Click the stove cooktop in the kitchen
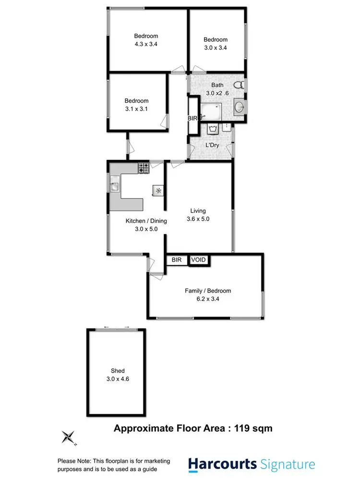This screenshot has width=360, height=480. click(144, 168)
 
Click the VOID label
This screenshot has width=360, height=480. click(199, 260)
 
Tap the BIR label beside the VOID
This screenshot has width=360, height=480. click(177, 260)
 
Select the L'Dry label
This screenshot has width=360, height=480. click(212, 145)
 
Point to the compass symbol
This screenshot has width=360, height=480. click(69, 437)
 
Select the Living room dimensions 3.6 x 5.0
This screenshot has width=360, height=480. click(198, 218)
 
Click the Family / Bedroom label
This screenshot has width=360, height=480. click(208, 290)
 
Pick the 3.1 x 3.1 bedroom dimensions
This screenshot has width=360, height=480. click(136, 108)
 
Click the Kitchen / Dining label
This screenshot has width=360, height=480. click(146, 221)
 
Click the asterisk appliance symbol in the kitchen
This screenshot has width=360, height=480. click(158, 191)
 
